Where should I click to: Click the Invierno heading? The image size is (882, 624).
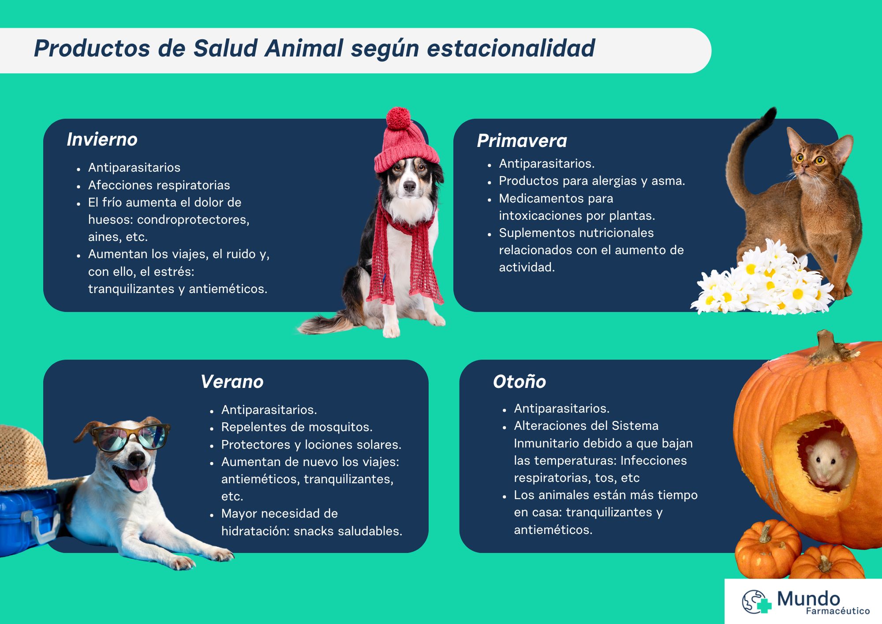102,139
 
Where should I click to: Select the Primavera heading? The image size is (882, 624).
522,141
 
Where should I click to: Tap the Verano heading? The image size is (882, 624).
232,382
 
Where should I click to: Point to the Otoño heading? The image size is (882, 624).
519,382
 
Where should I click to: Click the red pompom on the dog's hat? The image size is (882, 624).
398,118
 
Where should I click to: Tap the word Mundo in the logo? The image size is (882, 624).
808,599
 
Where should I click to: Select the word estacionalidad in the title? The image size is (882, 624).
511,49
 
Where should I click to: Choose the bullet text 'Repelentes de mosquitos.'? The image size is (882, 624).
297,427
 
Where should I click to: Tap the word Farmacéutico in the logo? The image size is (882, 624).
838,611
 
